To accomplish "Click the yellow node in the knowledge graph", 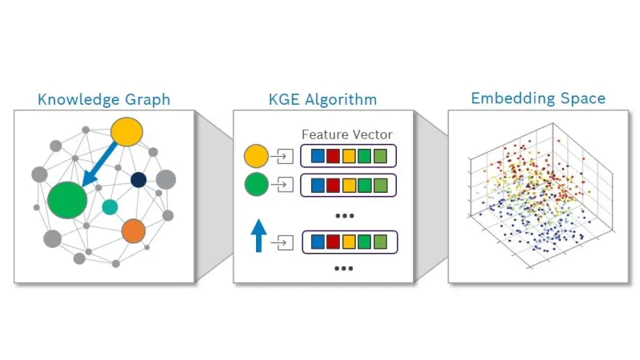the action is point(127,132).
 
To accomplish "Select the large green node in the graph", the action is point(67,200).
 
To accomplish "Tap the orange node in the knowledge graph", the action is point(134,230).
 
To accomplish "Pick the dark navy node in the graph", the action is point(138,179).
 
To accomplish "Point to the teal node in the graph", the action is point(110,207).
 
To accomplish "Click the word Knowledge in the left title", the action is point(78,99).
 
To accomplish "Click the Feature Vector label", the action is point(347,134).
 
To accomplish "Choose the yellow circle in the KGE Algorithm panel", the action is point(256,156).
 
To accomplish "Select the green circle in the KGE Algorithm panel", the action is point(256,184).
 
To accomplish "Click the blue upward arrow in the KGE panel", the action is point(258,235).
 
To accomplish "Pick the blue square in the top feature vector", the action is point(318,156).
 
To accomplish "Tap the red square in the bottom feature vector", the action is point(333,242).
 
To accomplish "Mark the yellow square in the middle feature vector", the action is point(349,186).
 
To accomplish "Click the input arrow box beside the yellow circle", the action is point(282,156).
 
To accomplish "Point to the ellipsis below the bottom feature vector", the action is point(343,269).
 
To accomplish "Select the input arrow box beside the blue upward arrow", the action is point(282,242).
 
